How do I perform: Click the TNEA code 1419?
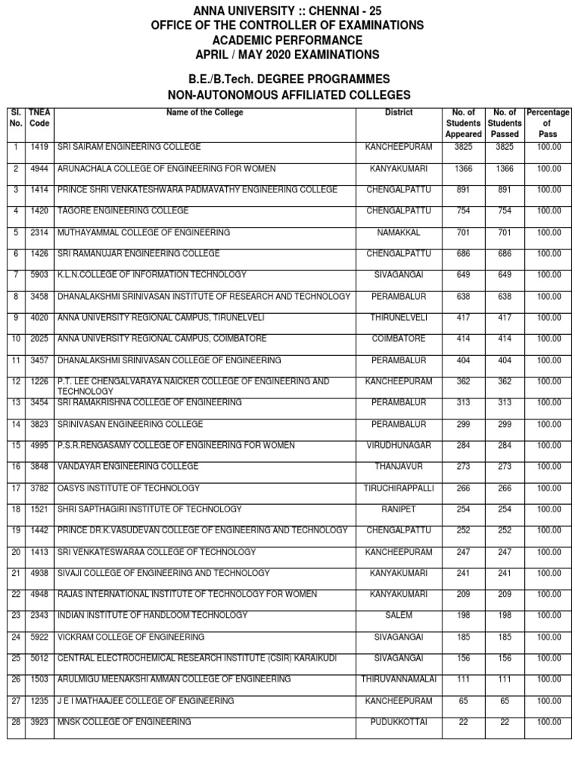click(39, 148)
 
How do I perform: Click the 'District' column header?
click(398, 113)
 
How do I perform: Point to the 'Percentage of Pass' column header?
click(548, 123)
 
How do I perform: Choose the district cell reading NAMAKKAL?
click(398, 233)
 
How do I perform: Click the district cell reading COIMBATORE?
click(398, 339)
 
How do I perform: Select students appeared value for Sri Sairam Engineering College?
click(463, 148)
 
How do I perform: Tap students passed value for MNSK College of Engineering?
click(505, 722)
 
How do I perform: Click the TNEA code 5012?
click(39, 658)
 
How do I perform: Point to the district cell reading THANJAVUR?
click(398, 467)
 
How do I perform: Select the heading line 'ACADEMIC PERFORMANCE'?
click(287, 40)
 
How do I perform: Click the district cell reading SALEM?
click(398, 616)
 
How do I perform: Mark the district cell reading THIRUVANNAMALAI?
click(398, 679)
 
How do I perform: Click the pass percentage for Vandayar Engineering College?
click(548, 467)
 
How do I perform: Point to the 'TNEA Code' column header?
click(39, 118)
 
